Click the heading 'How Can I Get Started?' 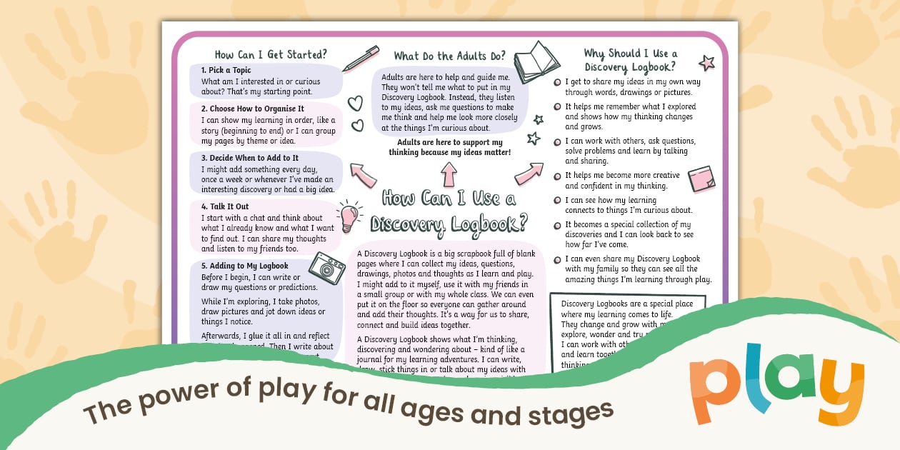click(271, 54)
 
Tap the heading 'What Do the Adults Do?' click(449, 56)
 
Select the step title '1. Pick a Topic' click(226, 70)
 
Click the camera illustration click(327, 268)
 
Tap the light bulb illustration click(348, 216)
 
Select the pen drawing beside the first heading click(360, 59)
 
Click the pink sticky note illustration click(701, 179)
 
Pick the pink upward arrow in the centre click(449, 174)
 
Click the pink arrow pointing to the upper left click(363, 174)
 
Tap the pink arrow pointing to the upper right click(529, 172)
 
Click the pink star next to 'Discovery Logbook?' click(706, 63)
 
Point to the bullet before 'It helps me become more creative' click(557, 176)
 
